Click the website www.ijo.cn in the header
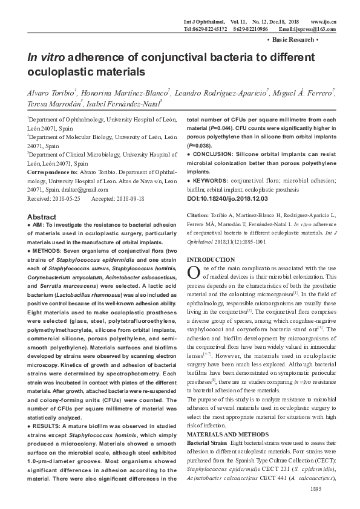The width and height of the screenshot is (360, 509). click(x=322, y=22)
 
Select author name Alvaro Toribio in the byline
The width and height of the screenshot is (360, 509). click(x=50, y=92)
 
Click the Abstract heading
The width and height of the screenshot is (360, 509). click(x=42, y=217)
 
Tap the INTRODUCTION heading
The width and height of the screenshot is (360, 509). click(x=211, y=260)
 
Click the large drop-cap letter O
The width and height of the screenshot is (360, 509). click(x=192, y=272)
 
